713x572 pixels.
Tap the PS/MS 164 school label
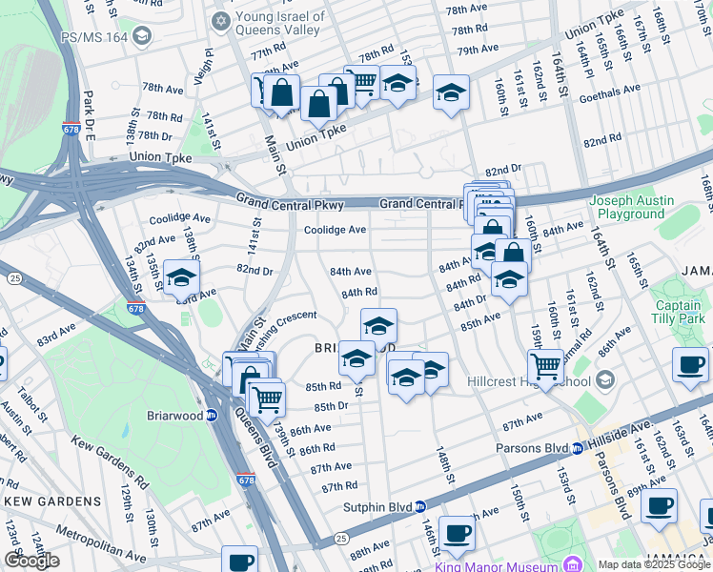95,37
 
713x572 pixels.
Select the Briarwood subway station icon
212,415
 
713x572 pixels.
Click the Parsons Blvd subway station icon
578,449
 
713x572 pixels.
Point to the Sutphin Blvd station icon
420,507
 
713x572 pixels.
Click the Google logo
31,561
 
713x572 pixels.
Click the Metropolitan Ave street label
99,543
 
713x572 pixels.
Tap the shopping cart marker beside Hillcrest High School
545,365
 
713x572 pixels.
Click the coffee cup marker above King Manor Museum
458,534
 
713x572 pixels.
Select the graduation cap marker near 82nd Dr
181,277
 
